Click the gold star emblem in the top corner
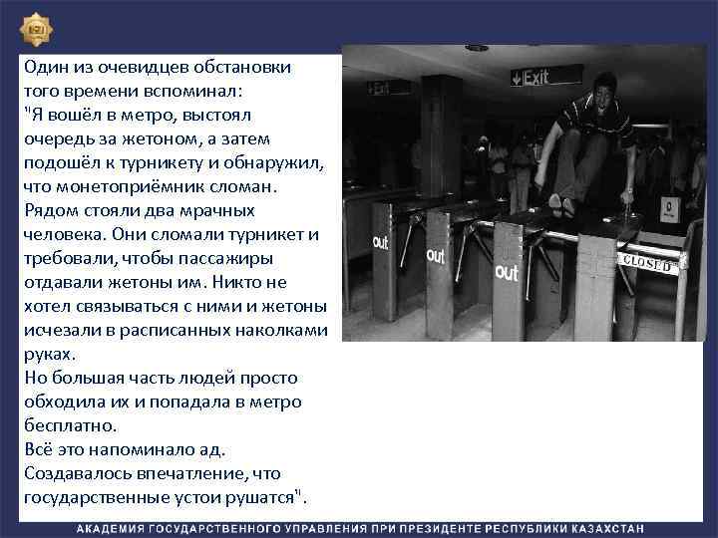coord(36,30)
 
